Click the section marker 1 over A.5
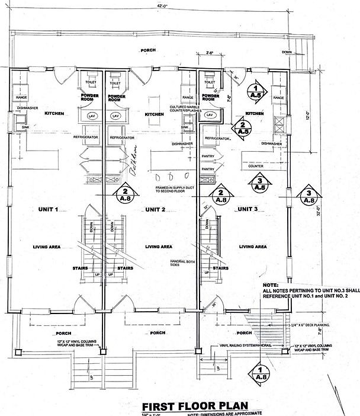tap(256, 90)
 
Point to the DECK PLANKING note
tap(313, 325)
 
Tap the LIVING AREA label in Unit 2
tap(159, 247)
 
